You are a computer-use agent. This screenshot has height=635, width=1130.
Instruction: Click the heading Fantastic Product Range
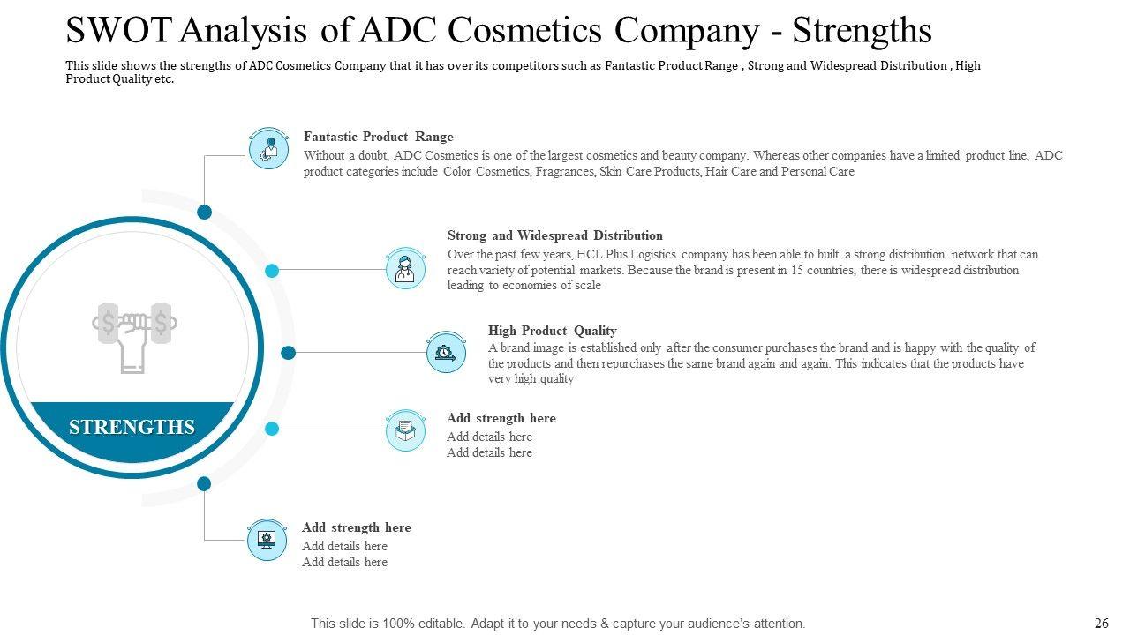coord(378,137)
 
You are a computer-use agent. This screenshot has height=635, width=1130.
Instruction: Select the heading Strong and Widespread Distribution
coord(554,235)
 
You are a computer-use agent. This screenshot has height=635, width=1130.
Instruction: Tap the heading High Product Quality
coord(552,331)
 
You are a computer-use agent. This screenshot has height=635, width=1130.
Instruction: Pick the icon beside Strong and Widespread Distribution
coord(405,268)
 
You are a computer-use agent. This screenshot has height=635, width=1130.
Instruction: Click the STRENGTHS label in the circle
coord(132,427)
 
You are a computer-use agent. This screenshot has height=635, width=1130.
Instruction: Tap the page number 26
coord(1101,624)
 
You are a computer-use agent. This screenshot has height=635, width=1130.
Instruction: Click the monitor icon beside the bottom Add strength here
coord(267,540)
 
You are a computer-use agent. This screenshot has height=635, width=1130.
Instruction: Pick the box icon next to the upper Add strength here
coord(405,430)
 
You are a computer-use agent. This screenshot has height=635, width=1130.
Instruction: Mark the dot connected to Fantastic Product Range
coord(204,212)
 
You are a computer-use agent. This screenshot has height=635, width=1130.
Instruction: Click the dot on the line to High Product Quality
coord(288,353)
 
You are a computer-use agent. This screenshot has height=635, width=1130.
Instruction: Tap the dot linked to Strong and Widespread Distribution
coord(272,271)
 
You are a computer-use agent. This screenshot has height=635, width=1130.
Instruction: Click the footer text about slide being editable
coord(557,624)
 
